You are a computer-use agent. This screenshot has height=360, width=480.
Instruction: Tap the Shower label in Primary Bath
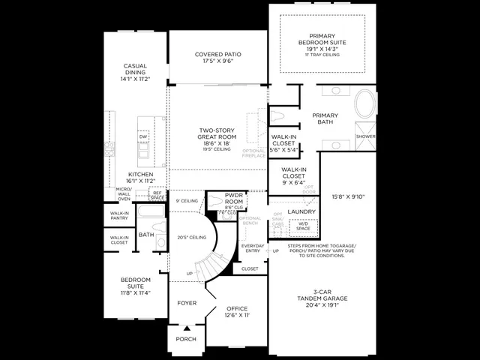click(365, 136)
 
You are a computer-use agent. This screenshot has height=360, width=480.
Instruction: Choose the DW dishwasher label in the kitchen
click(142, 136)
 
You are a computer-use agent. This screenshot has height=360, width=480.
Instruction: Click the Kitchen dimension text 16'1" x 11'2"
click(136, 181)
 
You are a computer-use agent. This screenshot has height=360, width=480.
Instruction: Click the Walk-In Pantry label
click(119, 216)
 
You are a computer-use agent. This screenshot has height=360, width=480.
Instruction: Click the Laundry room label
click(301, 211)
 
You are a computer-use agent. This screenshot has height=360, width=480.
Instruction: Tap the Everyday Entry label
click(252, 248)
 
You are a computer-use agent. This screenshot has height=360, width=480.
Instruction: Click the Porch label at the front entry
click(186, 339)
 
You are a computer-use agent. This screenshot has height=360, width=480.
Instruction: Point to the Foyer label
click(187, 303)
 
